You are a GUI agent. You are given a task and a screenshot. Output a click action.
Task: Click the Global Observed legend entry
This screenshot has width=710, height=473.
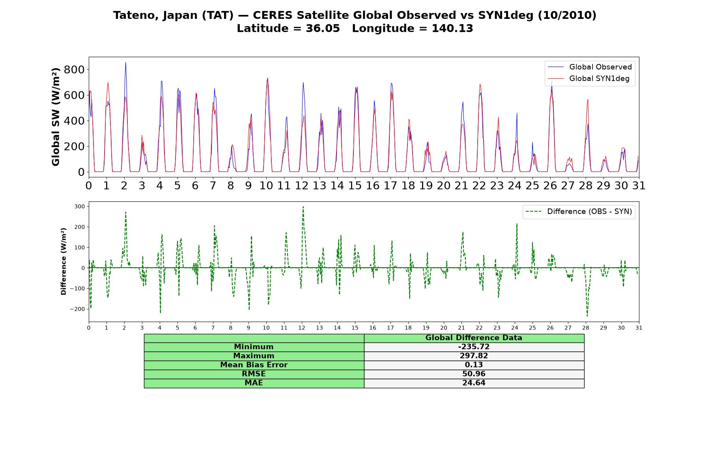click(x=590, y=67)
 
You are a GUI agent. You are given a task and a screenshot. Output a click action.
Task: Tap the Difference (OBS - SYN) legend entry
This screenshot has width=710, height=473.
click(x=579, y=212)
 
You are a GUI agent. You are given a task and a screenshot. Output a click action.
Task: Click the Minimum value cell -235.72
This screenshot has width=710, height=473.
click(x=474, y=347)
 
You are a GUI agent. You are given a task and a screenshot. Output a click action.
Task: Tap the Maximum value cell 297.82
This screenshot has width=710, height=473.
click(x=474, y=356)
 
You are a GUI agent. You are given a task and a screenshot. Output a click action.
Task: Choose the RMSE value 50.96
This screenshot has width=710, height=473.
click(x=474, y=374)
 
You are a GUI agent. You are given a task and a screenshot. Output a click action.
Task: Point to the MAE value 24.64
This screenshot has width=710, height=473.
click(x=474, y=383)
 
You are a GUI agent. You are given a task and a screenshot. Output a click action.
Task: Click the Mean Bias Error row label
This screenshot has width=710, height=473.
click(x=254, y=365)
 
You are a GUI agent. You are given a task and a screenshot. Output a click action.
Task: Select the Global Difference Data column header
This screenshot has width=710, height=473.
click(x=474, y=338)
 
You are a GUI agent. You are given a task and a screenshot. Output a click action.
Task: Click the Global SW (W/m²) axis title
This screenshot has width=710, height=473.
click(x=56, y=117)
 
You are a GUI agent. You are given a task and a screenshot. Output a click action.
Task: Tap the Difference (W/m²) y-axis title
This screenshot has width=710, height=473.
click(x=64, y=261)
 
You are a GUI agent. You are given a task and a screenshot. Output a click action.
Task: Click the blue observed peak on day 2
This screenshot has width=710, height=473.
click(x=125, y=62)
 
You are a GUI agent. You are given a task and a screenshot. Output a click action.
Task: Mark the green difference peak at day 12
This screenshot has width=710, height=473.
click(x=303, y=207)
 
